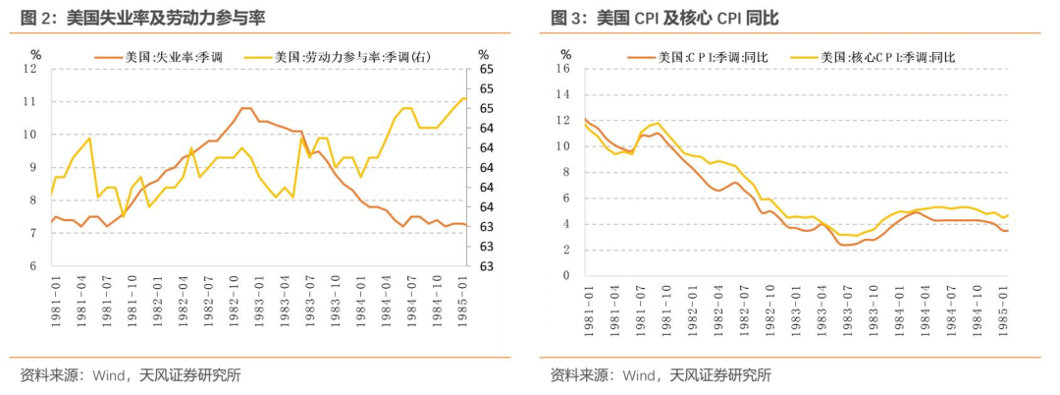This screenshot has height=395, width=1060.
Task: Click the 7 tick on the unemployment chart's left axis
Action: [32, 234]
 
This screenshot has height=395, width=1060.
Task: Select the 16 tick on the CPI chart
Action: [562, 69]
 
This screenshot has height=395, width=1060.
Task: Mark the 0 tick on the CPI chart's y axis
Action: [566, 276]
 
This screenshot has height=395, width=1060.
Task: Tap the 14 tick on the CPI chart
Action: [562, 94]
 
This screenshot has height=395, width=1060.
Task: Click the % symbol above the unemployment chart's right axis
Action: [483, 54]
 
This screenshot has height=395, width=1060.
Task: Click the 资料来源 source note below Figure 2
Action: [131, 374]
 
